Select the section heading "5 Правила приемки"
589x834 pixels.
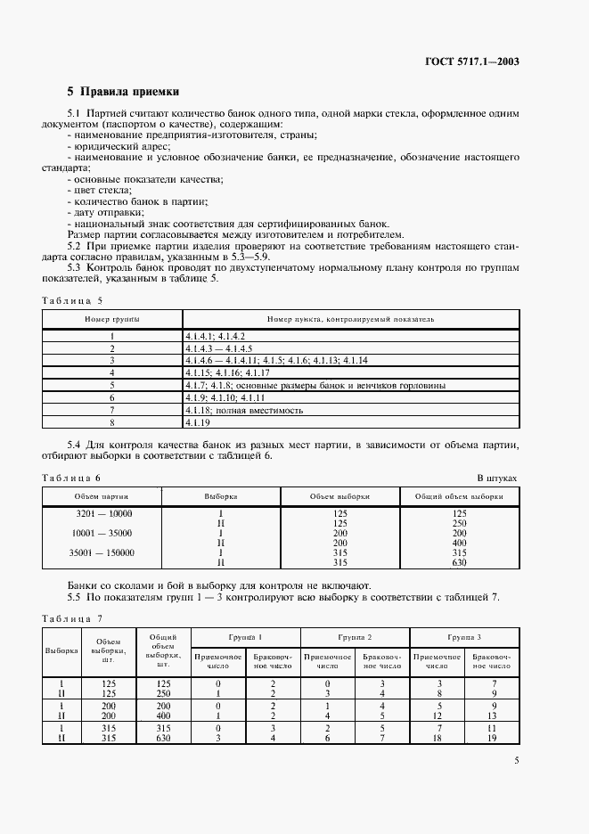[124, 92]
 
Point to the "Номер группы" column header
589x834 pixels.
[112, 318]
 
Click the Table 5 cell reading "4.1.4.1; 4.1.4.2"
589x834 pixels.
[215, 336]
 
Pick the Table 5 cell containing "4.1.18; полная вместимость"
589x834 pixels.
[245, 411]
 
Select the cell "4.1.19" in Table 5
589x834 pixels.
[197, 423]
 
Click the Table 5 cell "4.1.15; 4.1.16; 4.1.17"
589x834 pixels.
[222, 373]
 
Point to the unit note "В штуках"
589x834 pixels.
[496, 478]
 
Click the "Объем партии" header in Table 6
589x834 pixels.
[102, 495]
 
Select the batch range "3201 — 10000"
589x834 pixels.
[102, 513]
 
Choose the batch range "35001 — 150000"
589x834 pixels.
[102, 552]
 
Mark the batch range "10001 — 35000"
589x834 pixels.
[102, 533]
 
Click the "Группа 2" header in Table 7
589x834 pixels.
[356, 638]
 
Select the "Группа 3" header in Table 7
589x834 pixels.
[465, 638]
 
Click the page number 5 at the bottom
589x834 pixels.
[516, 760]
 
